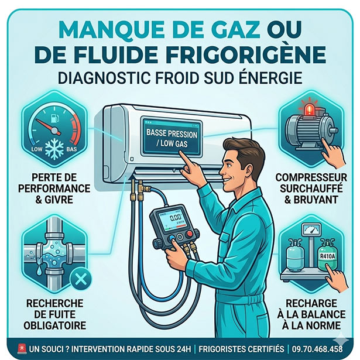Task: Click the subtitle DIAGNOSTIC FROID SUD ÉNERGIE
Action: pyautogui.click(x=180, y=78)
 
